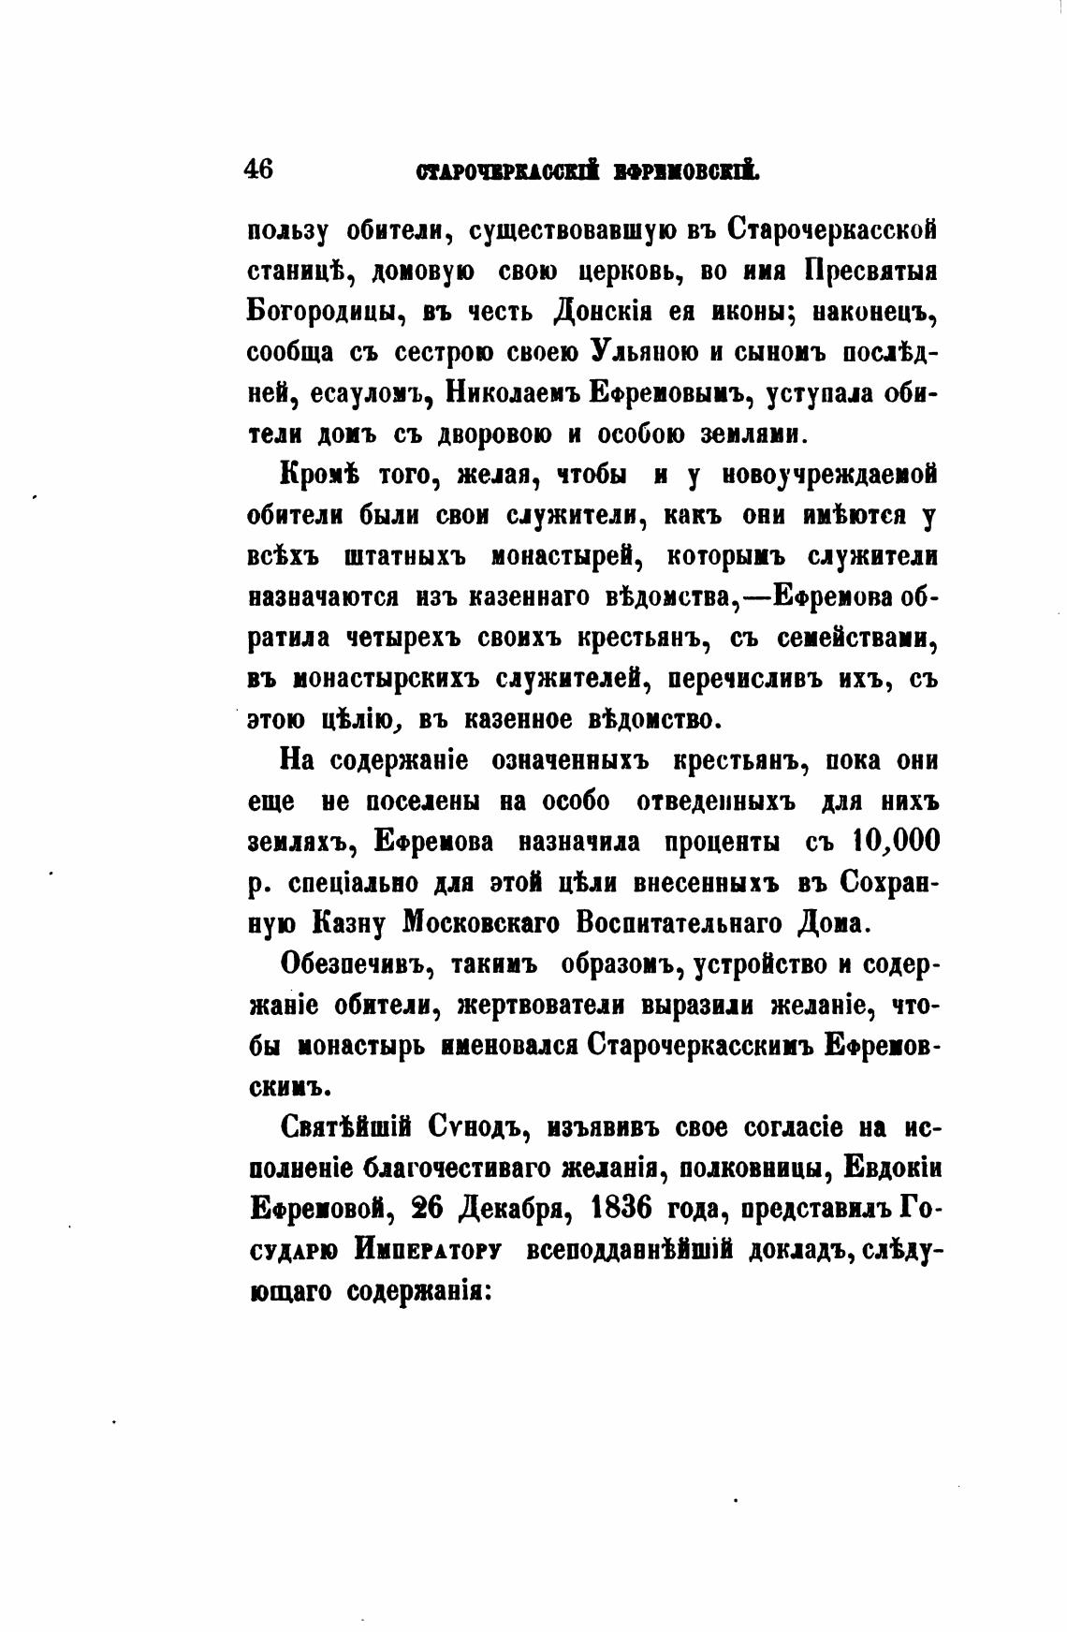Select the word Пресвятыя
(x=870, y=272)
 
